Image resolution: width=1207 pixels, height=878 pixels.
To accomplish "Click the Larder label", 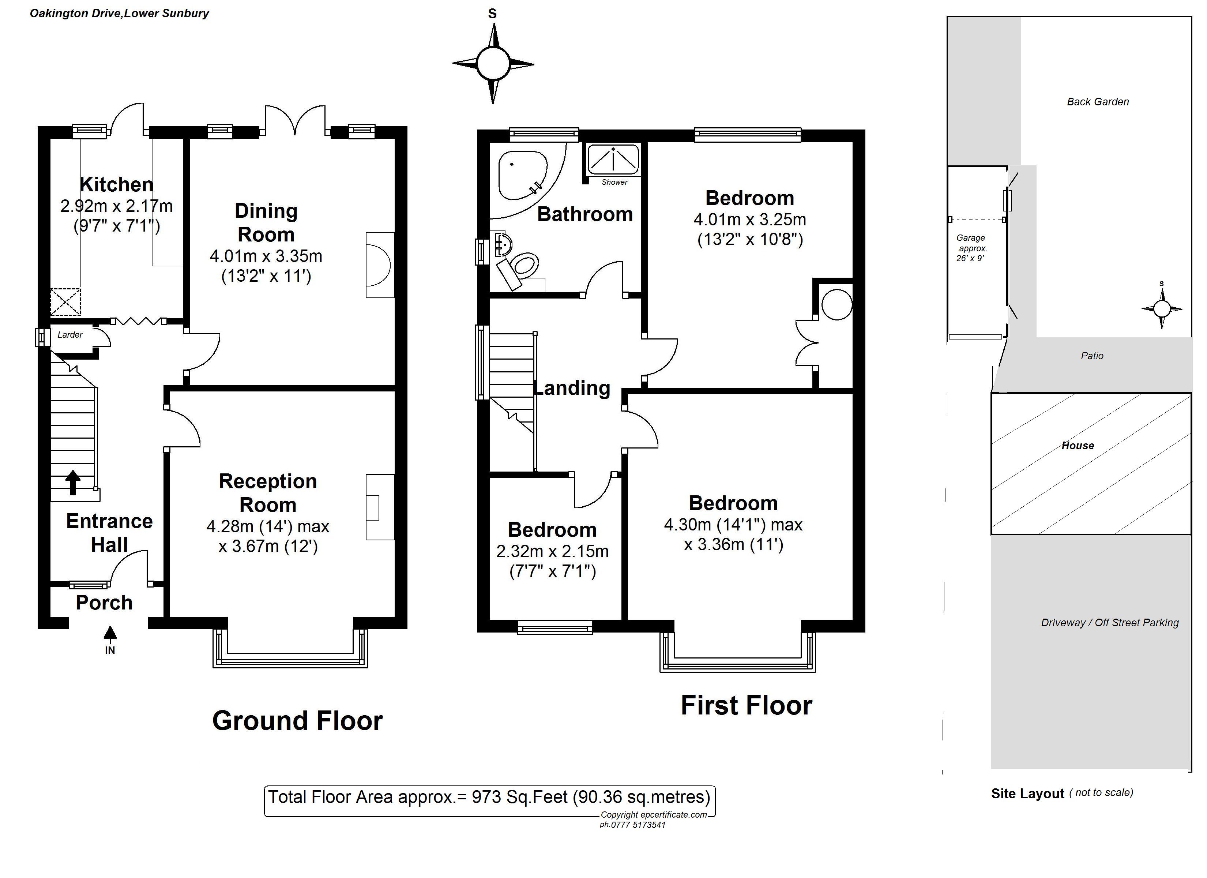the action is [x=70, y=334].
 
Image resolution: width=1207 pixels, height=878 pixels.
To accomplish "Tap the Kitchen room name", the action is [x=117, y=184].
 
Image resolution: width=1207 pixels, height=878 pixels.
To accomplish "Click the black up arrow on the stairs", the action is [x=72, y=483].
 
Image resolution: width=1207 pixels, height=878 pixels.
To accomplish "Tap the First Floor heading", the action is [x=746, y=705].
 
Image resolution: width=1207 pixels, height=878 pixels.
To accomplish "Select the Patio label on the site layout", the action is [x=1092, y=356].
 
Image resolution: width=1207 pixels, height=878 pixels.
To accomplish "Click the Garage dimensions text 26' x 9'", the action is [x=970, y=259].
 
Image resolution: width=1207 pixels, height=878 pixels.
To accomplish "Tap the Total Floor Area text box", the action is [x=490, y=801].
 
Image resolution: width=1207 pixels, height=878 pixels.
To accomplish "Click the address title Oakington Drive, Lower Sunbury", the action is [x=119, y=13].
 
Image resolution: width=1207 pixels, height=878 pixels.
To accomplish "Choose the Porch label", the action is [x=104, y=602].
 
